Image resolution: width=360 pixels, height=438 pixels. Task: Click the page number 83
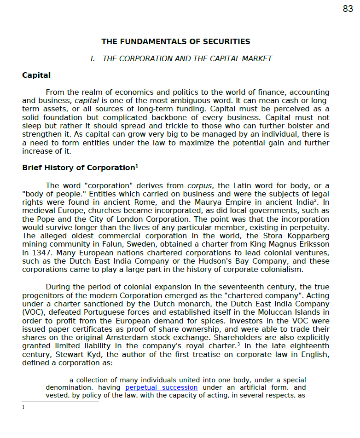pos(348,9)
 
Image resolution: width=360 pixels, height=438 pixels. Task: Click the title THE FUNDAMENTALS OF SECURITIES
pos(175,42)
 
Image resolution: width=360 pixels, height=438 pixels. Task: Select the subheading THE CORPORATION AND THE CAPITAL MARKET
pos(187,58)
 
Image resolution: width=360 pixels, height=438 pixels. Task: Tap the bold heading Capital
pos(36,75)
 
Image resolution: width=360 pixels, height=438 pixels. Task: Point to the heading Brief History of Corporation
pos(78,168)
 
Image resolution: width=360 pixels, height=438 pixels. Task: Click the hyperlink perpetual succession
pos(161,387)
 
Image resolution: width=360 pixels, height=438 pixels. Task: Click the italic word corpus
pos(199,186)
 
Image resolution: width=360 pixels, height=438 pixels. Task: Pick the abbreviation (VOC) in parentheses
pos(32,312)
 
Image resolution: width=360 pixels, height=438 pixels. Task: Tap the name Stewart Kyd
pos(85,354)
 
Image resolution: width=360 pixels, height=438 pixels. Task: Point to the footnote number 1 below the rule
pos(23,407)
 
